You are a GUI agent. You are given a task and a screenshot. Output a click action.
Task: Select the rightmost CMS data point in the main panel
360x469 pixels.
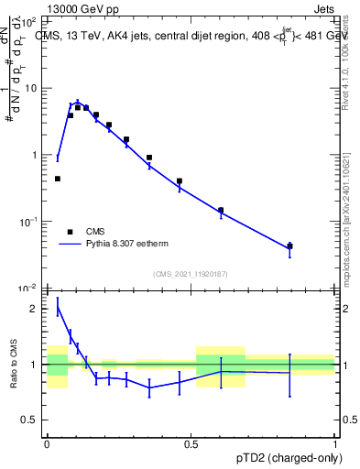pyautogui.click(x=289, y=245)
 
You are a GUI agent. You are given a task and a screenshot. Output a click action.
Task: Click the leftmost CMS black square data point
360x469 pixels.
pyautogui.click(x=58, y=179)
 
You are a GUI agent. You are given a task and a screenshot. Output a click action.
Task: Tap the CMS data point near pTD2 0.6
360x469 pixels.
pyautogui.click(x=221, y=210)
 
